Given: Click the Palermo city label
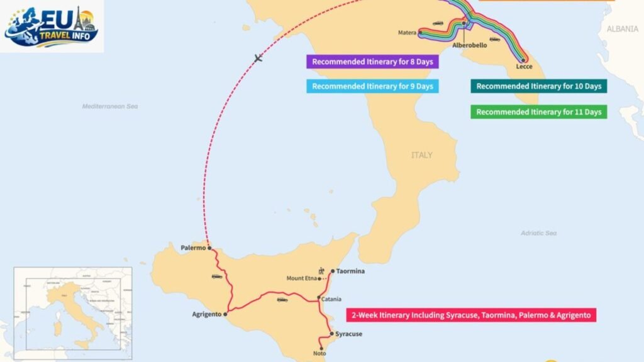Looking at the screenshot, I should tap(193, 248).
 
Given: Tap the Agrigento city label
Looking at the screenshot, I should tap(206, 314).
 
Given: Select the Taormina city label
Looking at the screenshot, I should tap(350, 271).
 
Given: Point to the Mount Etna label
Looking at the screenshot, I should tap(301, 278).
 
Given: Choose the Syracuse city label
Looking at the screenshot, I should tap(349, 334).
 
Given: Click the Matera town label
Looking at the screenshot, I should tap(407, 33).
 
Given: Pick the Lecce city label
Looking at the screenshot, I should tap(524, 66).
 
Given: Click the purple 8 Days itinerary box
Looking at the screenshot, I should tap(372, 62).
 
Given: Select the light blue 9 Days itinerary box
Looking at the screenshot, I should tap(372, 87).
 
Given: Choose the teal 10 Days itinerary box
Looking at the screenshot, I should tap(538, 87).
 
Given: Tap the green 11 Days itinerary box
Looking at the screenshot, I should tap(538, 112).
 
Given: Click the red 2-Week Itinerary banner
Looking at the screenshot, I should tap(471, 315).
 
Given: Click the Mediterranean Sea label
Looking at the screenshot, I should tap(109, 106).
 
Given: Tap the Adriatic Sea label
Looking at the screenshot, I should tap(538, 233).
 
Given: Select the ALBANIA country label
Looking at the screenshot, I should tap(622, 29).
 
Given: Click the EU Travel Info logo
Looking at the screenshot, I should tap(52, 26).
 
